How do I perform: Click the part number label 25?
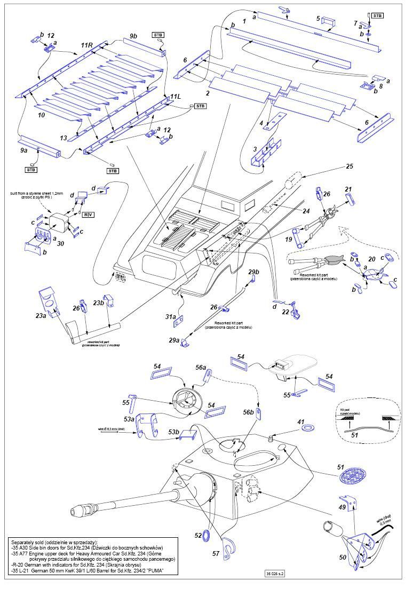tap(350, 167)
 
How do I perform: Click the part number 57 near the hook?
tap(216, 554)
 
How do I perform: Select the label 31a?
tap(170, 317)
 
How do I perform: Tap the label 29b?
tap(253, 273)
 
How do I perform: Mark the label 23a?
tap(41, 316)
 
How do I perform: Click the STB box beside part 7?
tap(377, 16)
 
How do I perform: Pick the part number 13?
tap(63, 138)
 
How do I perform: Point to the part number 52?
tap(198, 535)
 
